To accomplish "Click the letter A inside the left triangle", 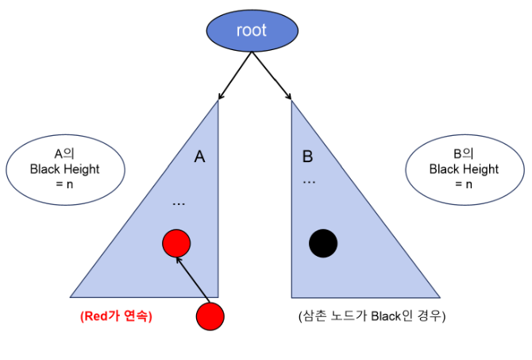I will [200, 157].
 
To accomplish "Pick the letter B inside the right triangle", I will [307, 157].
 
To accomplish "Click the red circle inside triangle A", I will [176, 243].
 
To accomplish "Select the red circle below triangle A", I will [210, 316].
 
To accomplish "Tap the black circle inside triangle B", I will [323, 243].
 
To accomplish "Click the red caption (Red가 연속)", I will [116, 315].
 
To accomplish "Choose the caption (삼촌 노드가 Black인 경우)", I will [372, 315].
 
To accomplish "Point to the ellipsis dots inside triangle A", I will [179, 204].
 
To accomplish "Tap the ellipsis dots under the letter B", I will [310, 182].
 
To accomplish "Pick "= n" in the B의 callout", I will [464, 184].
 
